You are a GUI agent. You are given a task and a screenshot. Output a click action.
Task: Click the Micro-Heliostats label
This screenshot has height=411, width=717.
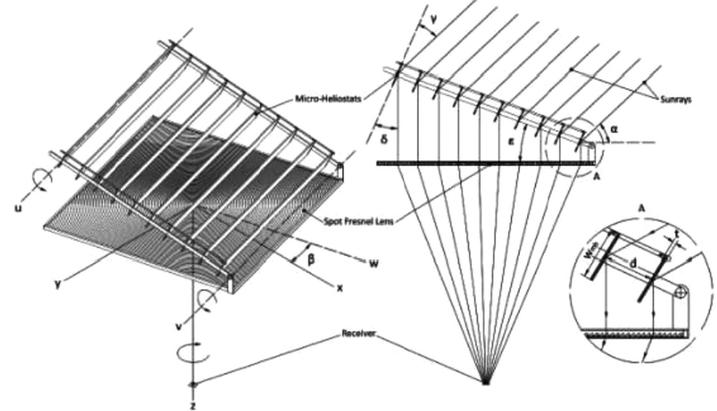[x=328, y=98]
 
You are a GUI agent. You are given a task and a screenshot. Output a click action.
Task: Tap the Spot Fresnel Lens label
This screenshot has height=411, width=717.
[x=358, y=222]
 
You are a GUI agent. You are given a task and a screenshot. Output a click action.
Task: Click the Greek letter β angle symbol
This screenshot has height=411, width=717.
[x=311, y=259]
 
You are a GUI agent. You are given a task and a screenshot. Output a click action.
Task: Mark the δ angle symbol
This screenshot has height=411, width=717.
[x=384, y=140]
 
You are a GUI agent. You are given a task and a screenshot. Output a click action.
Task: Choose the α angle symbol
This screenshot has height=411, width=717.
[x=614, y=129]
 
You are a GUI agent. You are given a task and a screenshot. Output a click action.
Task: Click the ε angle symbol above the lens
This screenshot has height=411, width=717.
[x=510, y=142]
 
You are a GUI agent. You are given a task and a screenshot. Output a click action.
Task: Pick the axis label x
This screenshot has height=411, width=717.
[x=340, y=288]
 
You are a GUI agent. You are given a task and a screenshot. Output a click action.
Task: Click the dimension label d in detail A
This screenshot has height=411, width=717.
[x=633, y=264]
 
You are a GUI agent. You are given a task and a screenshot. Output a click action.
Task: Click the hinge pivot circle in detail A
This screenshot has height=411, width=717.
[x=681, y=291]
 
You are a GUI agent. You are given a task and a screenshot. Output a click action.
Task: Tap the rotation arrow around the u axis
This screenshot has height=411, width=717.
[x=44, y=181]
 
